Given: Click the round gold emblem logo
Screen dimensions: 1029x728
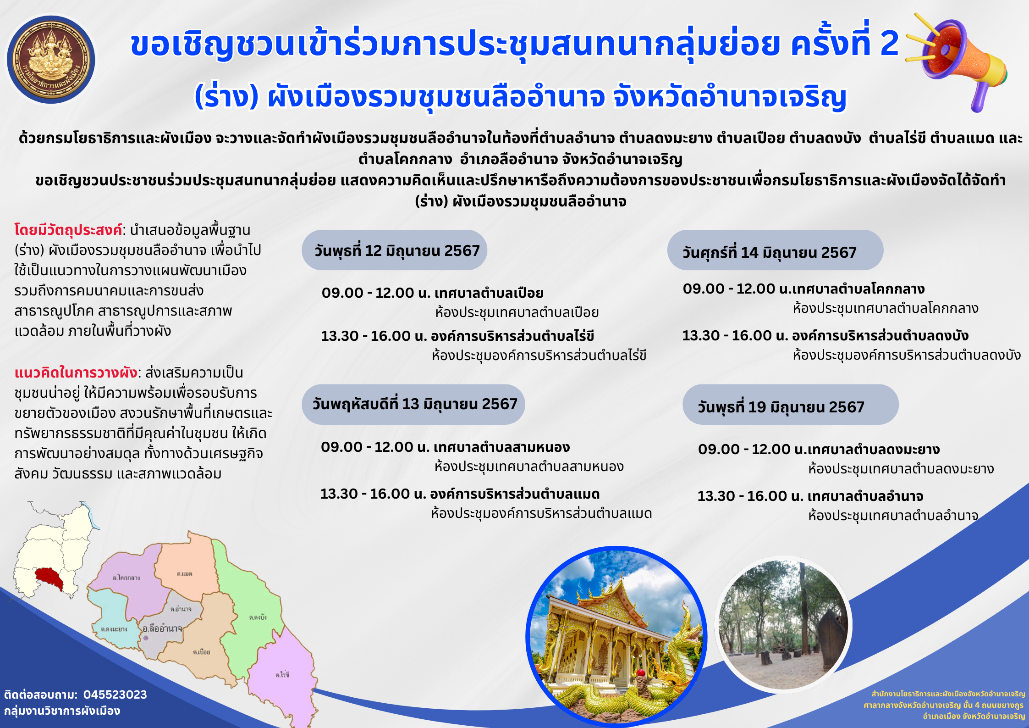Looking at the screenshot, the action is pos(51,59).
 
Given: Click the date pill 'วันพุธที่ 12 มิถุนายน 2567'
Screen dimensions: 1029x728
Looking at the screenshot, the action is pos(394,250).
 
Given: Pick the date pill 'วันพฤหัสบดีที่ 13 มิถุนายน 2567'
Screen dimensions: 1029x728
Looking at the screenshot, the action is pos(413,404).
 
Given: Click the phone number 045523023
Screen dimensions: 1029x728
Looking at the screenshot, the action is pos(115,695).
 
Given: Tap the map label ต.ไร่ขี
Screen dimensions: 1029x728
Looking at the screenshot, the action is pos(282,675).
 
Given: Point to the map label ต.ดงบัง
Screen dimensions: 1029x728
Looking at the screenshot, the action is pos(258,617).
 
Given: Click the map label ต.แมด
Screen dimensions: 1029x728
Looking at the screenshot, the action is pos(185,574).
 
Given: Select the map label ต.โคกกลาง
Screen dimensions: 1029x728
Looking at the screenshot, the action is pos(126,578).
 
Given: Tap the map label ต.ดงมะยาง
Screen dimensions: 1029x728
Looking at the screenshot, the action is pos(114,629).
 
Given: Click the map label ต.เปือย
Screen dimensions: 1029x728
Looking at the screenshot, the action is pos(202,652).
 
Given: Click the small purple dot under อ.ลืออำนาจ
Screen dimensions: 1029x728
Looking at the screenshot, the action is pos(146,638).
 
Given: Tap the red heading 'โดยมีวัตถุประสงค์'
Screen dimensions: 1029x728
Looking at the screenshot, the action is pos(68,229).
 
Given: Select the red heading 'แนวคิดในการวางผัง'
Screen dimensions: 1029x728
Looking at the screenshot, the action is pos(76,372).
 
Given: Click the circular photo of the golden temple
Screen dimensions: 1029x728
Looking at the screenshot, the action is pos(616,636).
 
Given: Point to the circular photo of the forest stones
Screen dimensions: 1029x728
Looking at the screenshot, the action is pos(783,624).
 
